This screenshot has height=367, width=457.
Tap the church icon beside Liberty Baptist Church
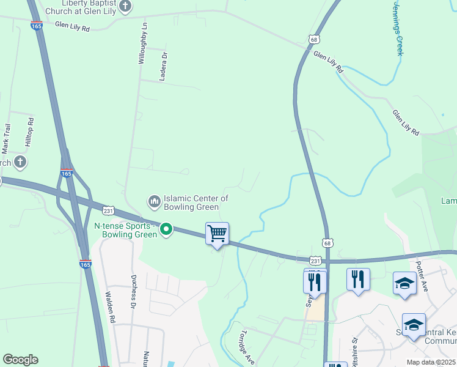(x=125, y=6)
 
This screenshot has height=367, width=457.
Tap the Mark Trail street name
(x=7, y=138)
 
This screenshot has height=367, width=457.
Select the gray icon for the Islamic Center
(x=154, y=201)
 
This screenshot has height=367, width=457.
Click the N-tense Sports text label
(x=126, y=230)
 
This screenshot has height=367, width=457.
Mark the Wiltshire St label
(x=353, y=355)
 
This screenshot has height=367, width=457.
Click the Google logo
(x=20, y=360)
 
